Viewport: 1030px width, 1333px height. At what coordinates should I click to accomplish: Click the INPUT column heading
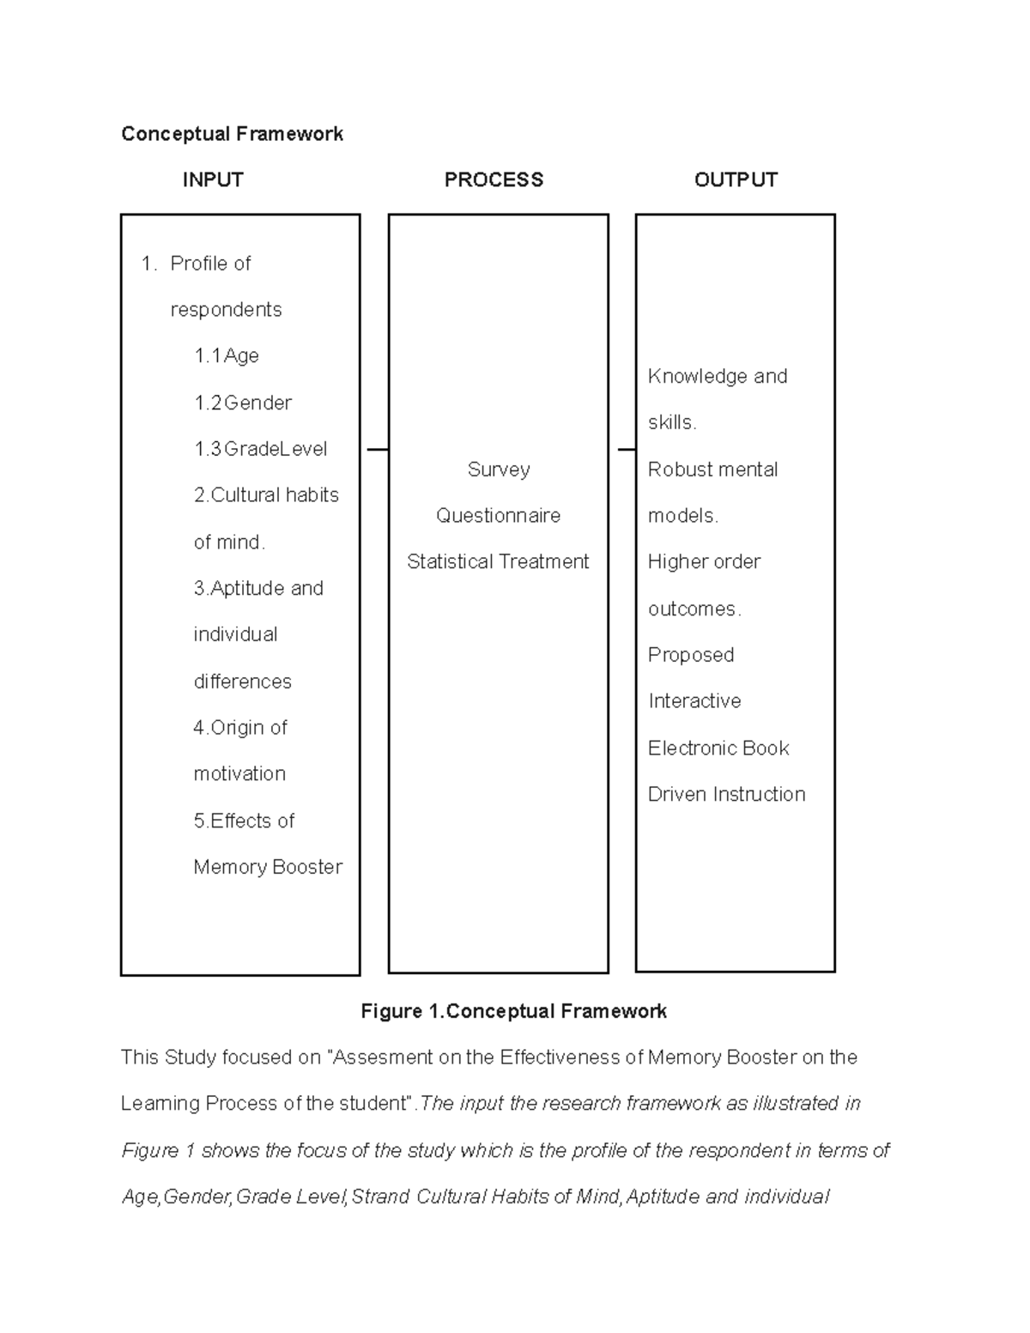[213, 180]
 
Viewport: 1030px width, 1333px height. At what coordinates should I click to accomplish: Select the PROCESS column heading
[494, 180]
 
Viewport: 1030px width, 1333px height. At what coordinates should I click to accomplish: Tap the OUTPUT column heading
[736, 180]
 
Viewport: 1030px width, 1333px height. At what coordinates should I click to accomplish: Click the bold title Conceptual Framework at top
[232, 134]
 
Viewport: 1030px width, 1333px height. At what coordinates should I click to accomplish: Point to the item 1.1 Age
[227, 356]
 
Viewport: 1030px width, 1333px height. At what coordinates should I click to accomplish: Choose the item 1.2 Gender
[243, 403]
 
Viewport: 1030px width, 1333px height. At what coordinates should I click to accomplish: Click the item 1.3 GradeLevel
[261, 449]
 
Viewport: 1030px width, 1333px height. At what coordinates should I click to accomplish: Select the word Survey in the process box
[499, 470]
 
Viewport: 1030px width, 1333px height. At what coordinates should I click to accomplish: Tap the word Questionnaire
[498, 516]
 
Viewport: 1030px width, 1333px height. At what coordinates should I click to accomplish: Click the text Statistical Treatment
[498, 562]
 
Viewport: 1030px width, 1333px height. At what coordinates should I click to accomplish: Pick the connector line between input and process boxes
[377, 449]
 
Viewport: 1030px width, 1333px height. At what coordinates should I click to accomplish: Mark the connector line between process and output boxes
[626, 449]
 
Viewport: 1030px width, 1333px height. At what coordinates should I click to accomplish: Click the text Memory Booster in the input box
[268, 867]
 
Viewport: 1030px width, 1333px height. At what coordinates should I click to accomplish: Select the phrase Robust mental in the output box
[712, 470]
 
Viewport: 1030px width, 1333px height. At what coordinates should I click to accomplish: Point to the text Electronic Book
[718, 748]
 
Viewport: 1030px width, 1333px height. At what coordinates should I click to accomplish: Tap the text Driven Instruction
[726, 795]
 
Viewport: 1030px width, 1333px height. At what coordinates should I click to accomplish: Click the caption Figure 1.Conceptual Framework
[513, 1012]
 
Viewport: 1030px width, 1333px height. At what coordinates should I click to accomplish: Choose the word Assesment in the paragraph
[383, 1057]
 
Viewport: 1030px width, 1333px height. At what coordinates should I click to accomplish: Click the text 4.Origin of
[240, 728]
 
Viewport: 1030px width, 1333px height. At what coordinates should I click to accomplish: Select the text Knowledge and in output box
[718, 377]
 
